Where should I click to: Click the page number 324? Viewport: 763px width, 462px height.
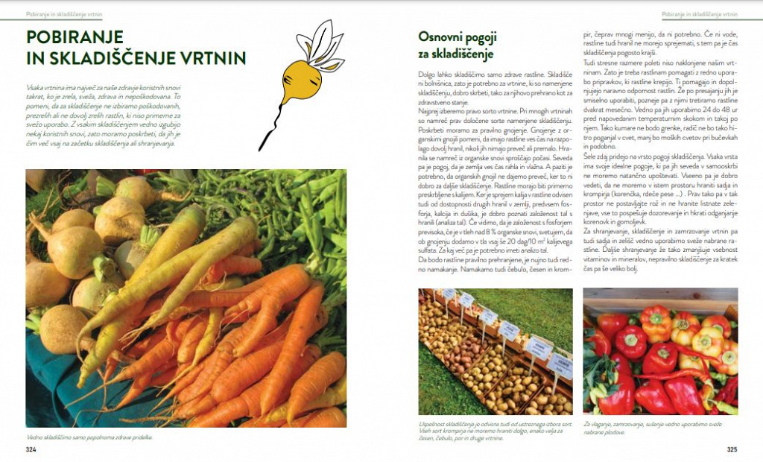pos(31,450)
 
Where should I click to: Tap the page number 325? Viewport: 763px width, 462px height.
pos(732,450)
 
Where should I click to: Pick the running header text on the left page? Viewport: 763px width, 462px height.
pos(64,14)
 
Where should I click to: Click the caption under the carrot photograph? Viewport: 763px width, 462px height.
pos(89,437)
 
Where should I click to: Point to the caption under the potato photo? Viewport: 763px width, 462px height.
pos(462,430)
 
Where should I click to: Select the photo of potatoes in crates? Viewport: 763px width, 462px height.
pos(496,351)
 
